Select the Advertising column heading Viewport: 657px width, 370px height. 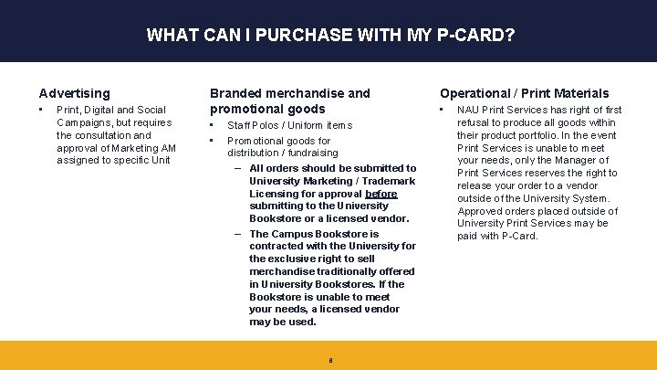[x=74, y=93]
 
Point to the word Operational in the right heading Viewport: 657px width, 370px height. [x=474, y=93]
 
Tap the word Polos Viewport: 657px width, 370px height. [x=269, y=125]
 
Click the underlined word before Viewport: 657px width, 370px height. [x=381, y=194]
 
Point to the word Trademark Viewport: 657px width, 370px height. [x=387, y=181]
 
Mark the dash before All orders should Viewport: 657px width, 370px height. [x=238, y=168]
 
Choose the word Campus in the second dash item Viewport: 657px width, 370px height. [x=293, y=234]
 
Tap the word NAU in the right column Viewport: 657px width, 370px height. [x=468, y=110]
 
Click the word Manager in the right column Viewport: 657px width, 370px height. [x=582, y=160]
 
